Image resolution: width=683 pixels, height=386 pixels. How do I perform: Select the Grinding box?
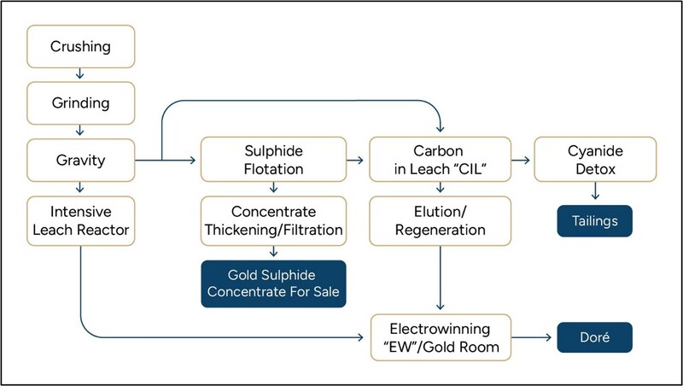pyautogui.click(x=80, y=103)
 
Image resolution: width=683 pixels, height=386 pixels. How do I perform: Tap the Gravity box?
pyautogui.click(x=80, y=159)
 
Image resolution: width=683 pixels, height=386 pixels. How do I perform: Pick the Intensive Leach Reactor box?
pyautogui.click(x=80, y=221)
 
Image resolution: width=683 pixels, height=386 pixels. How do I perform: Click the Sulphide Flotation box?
pyautogui.click(x=273, y=159)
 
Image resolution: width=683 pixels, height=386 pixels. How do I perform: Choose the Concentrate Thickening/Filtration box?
pyautogui.click(x=273, y=221)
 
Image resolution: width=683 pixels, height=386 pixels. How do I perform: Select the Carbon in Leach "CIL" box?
pyautogui.click(x=441, y=159)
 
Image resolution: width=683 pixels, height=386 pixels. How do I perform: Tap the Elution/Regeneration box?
pyautogui.click(x=441, y=221)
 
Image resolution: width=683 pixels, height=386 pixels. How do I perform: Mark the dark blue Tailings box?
pyautogui.click(x=594, y=221)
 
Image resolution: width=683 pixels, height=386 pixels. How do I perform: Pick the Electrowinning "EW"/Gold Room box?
pyautogui.click(x=441, y=338)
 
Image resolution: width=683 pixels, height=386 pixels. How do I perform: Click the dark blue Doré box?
pyautogui.click(x=594, y=338)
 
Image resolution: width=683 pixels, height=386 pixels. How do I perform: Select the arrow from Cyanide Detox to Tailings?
pyautogui.click(x=594, y=193)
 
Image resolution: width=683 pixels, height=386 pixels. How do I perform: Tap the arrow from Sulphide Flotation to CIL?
pyautogui.click(x=357, y=160)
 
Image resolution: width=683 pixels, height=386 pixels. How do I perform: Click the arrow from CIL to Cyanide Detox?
pyautogui.click(x=522, y=160)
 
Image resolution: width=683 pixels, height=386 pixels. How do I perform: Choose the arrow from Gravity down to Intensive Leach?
pyautogui.click(x=80, y=188)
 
